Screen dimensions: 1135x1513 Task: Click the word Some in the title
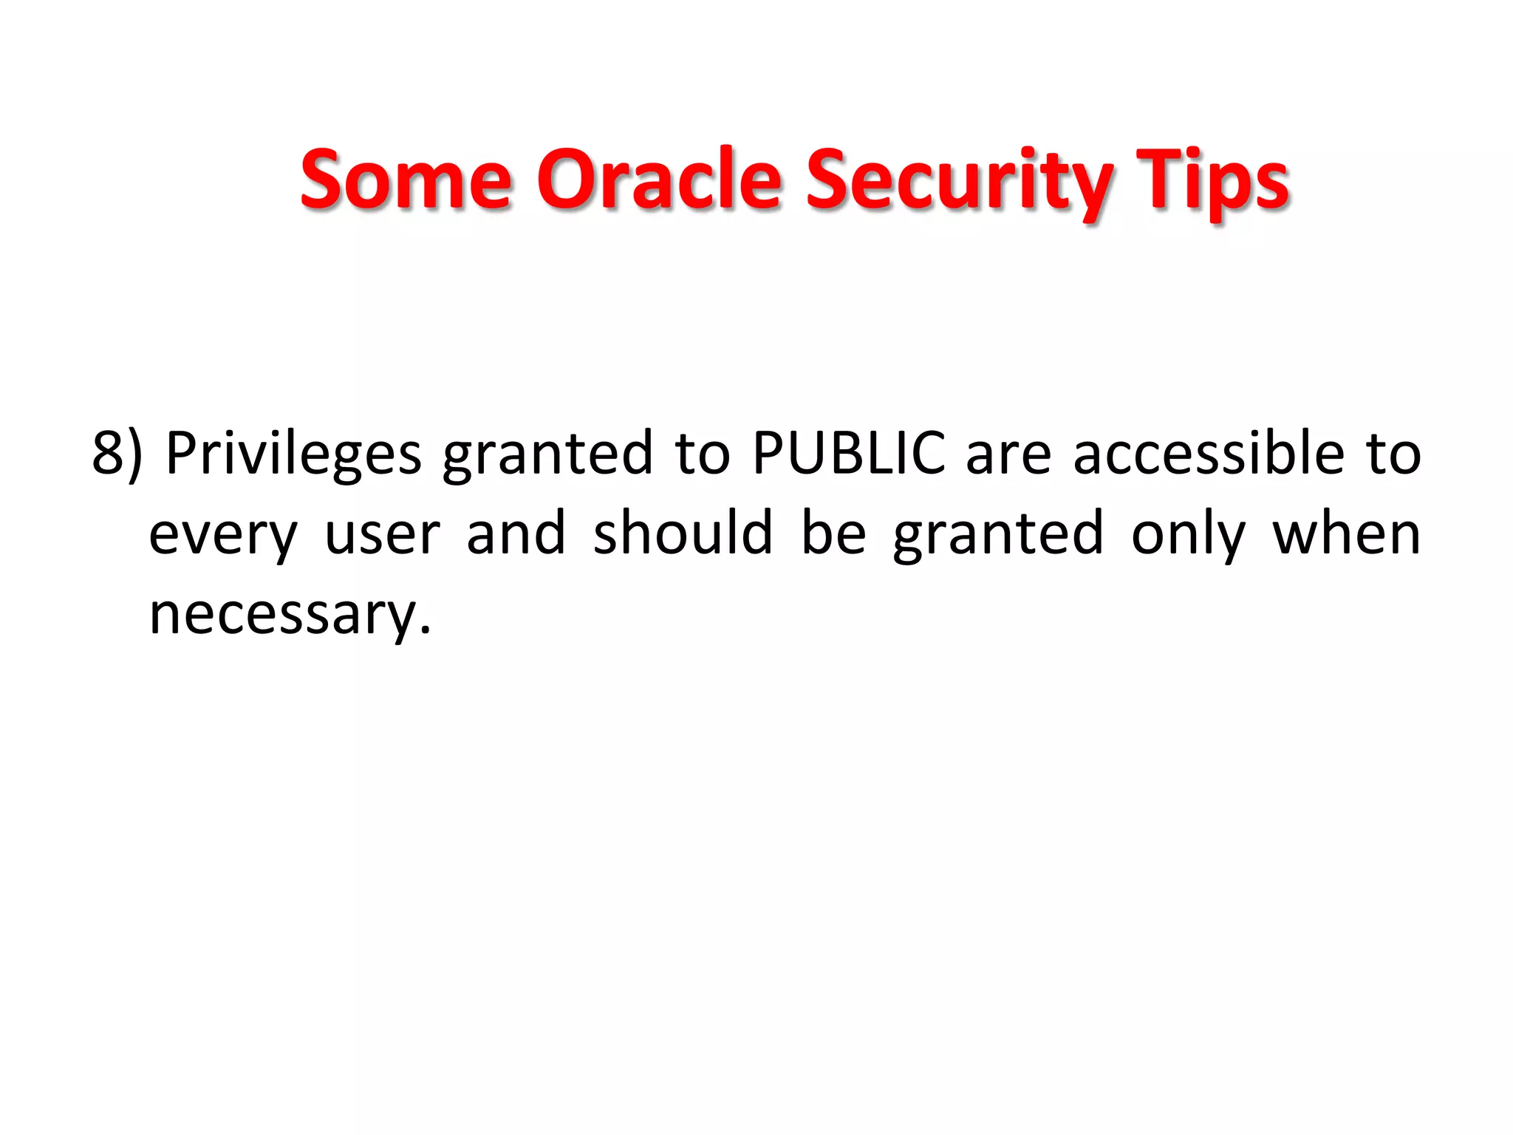coord(406,180)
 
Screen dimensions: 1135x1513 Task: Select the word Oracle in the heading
coord(658,180)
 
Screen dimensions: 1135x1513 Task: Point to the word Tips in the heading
coord(1212,180)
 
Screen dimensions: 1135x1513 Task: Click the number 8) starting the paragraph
coord(117,453)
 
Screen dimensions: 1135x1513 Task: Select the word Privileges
coord(293,453)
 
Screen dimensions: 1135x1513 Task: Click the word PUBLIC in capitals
coord(848,453)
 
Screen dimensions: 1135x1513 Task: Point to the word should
coord(683,534)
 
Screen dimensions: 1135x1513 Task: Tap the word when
coord(1346,534)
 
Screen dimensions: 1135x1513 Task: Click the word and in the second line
coord(516,534)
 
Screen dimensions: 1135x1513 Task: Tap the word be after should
coord(833,534)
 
